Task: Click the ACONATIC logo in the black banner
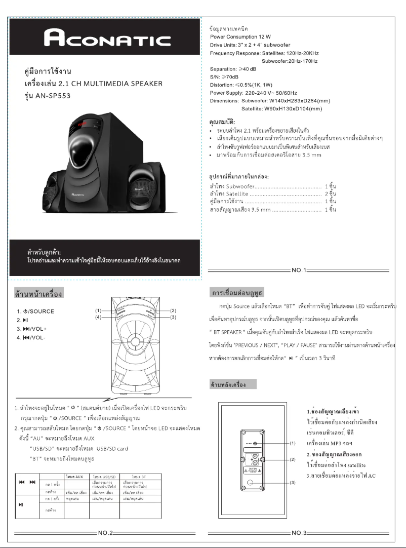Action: click(106, 38)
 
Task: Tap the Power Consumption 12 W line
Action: click(240, 37)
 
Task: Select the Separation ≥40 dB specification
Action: click(233, 69)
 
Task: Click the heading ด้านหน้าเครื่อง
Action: click(38, 294)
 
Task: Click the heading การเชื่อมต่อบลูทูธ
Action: click(236, 294)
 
